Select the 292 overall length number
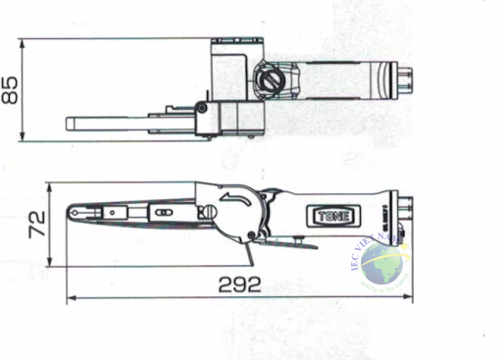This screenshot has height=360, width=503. click(239, 285)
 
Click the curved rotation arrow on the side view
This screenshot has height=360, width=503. click(235, 202)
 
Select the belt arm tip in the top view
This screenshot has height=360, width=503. click(72, 125)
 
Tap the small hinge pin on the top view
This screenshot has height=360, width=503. click(201, 108)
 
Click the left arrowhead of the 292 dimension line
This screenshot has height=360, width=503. click(69, 297)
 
